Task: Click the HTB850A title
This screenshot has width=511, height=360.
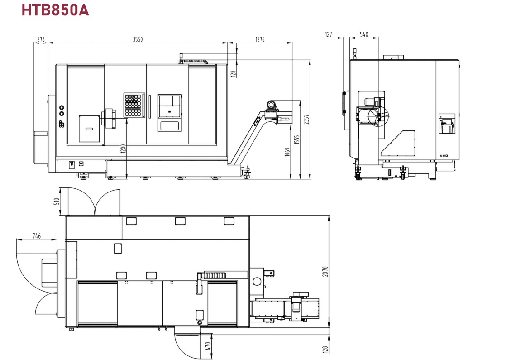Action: [55, 10]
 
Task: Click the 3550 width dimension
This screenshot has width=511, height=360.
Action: [138, 39]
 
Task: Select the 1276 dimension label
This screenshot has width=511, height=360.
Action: [260, 39]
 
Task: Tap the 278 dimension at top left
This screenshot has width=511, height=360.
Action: [41, 39]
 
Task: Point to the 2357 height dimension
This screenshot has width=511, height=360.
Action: [306, 120]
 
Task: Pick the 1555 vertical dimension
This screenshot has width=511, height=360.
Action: [296, 140]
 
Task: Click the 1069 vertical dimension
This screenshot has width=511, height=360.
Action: [287, 152]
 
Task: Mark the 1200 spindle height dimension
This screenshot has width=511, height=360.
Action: [123, 149]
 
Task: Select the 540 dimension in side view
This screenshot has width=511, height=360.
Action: [364, 34]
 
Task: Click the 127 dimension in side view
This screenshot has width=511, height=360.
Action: [329, 34]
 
